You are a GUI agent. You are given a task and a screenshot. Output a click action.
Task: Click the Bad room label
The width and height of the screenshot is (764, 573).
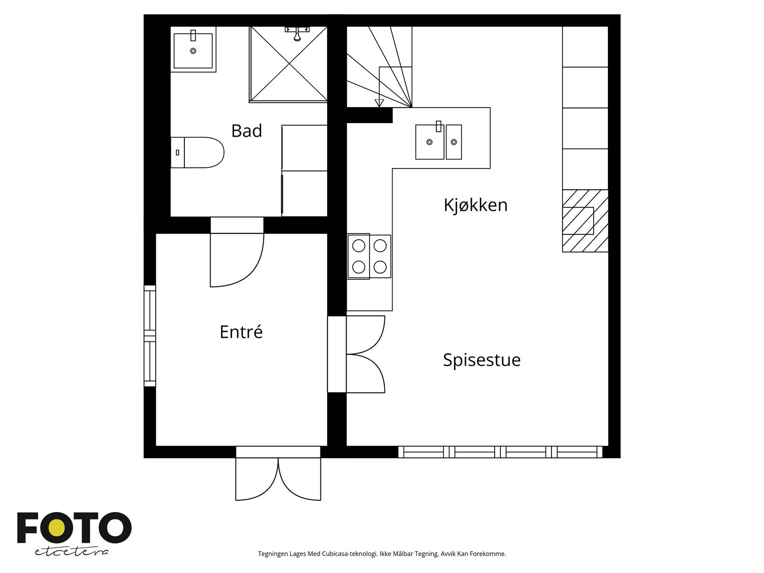tap(246, 131)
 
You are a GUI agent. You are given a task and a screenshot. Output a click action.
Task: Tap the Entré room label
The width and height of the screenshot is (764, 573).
tap(241, 332)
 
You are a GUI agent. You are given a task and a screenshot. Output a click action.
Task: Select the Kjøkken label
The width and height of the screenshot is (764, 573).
tap(475, 205)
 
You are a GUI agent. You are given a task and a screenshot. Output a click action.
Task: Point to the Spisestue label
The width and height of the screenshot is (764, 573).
tap(481, 360)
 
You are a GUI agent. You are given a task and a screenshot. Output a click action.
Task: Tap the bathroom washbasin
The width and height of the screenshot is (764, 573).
tap(193, 50)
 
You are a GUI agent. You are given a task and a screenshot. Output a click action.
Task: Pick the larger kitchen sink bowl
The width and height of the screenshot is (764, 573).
tap(429, 142)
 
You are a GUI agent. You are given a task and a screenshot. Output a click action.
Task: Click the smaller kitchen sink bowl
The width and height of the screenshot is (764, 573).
tap(454, 142)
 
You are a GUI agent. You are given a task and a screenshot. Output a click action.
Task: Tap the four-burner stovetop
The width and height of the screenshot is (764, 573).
tap(369, 256)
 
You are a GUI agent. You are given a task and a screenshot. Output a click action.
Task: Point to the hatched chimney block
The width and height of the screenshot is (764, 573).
tap(585, 221)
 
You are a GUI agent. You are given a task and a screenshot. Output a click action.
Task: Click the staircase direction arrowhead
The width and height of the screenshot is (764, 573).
tap(379, 103)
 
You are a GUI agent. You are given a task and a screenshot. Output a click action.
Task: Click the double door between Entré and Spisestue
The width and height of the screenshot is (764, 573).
tap(365, 354)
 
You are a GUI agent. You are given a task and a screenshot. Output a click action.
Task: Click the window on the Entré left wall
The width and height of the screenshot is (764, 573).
tap(150, 336)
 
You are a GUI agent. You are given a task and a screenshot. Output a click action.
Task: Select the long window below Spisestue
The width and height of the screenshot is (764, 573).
tap(500, 452)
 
